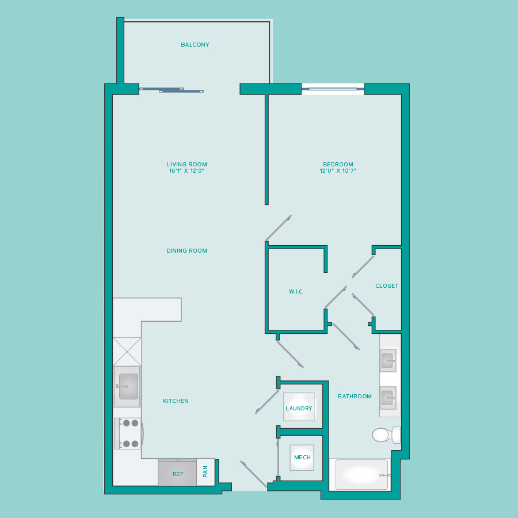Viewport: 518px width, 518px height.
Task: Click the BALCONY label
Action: pos(195,44)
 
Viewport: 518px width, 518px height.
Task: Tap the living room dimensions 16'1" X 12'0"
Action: pos(186,171)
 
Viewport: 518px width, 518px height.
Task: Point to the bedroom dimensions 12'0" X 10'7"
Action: pos(338,171)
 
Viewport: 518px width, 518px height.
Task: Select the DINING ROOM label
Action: pos(186,251)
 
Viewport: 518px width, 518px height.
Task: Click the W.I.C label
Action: pos(296,291)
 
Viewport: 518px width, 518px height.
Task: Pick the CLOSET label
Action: pos(387,285)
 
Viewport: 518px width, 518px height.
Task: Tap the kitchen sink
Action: pos(127,386)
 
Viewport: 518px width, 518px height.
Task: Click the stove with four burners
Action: pos(128,433)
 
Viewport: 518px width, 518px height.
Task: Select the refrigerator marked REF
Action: pos(177,473)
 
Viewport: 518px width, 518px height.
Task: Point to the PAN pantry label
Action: pos(205,471)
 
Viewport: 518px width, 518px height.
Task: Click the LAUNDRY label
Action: pos(299,408)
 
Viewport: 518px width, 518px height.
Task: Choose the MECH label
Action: pos(302,457)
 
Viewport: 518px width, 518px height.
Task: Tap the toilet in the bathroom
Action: pos(386,435)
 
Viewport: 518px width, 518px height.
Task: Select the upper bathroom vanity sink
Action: pos(388,360)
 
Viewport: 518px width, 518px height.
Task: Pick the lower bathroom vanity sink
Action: pos(388,398)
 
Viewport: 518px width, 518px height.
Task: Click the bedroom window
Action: pos(333,89)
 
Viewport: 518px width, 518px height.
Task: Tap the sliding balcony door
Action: pos(172,90)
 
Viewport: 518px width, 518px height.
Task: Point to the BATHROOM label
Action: pos(355,396)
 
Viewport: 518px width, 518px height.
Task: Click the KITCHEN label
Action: pos(176,401)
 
